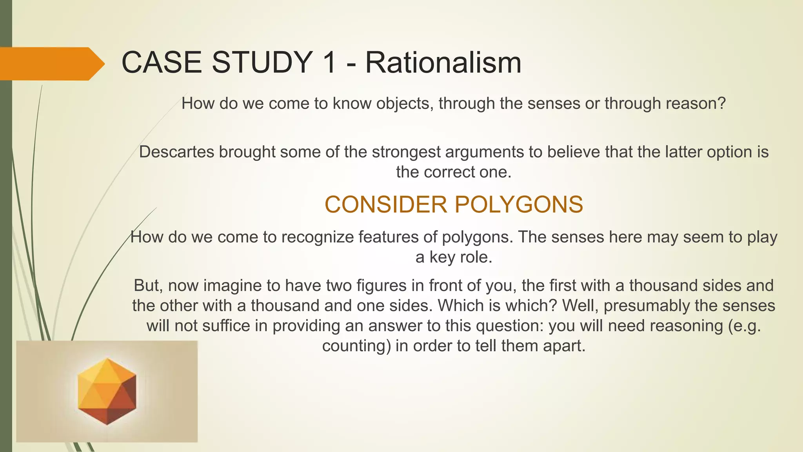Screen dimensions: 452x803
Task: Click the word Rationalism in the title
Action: [443, 63]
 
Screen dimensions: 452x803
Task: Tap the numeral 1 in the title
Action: [327, 63]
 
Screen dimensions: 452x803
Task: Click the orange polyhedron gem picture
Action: [107, 391]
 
